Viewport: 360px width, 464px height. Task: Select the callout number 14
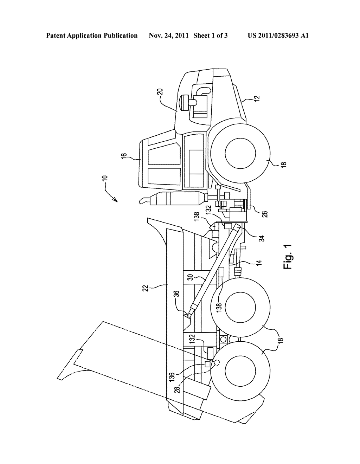(x=259, y=263)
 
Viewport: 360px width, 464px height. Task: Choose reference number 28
(x=178, y=388)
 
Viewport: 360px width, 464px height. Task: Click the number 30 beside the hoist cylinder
(x=191, y=277)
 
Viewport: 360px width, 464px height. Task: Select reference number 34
(x=262, y=238)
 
